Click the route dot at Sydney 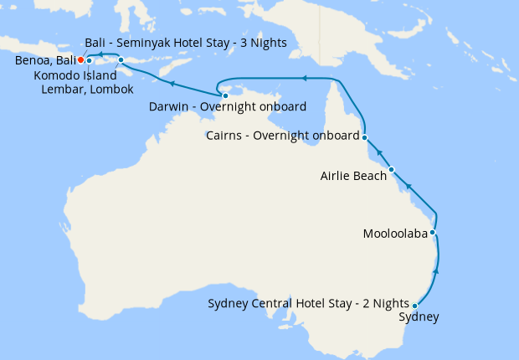pos(415,306)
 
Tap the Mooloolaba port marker pos(433,233)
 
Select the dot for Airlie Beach pos(391,170)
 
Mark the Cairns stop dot pos(365,136)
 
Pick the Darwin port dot pos(225,96)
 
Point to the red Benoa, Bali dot pos(80,59)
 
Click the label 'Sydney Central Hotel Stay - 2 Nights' pos(309,302)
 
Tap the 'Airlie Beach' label pos(353,176)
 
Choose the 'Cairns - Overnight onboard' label pos(283,136)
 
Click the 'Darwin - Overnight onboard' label pos(226,107)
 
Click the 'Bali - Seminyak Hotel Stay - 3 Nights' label pos(186,42)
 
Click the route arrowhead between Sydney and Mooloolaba pos(434,271)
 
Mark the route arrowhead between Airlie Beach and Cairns pos(378,152)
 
